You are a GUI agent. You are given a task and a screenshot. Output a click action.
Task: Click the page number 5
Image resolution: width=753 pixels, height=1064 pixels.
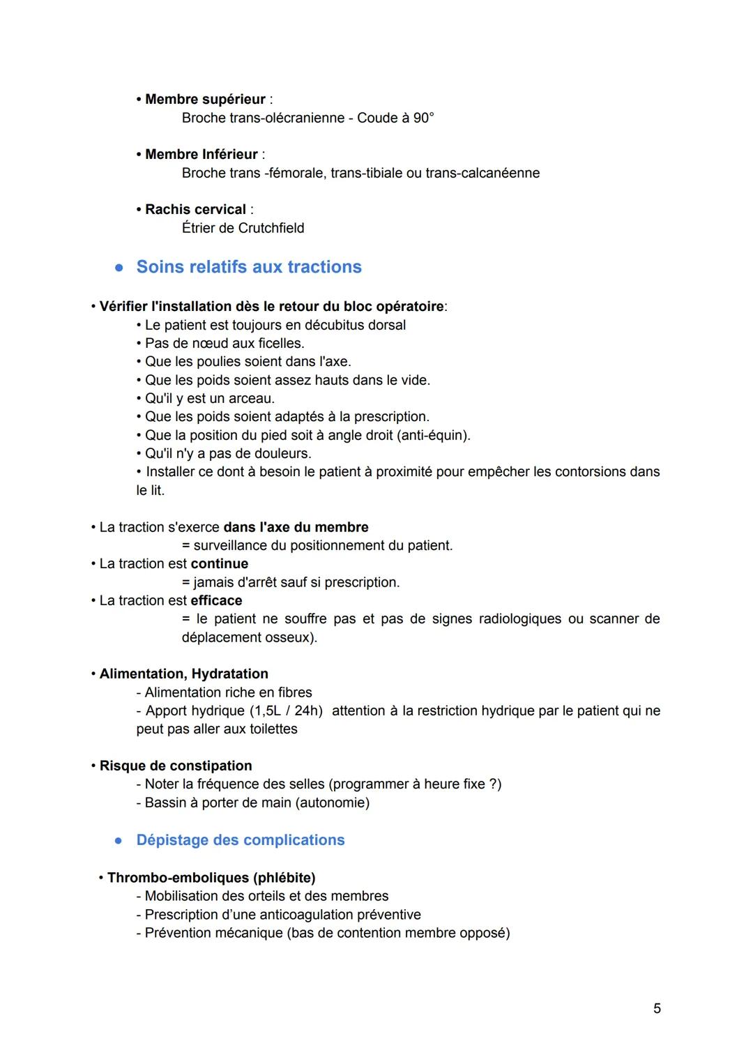pyautogui.click(x=657, y=1008)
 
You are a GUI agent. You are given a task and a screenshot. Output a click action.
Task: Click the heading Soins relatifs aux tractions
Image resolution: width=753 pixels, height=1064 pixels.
pyautogui.click(x=249, y=267)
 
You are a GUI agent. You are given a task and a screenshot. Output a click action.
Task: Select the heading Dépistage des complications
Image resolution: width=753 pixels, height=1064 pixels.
pyautogui.click(x=241, y=840)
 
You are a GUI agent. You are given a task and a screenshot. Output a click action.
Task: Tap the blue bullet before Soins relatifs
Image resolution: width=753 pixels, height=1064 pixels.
pyautogui.click(x=119, y=268)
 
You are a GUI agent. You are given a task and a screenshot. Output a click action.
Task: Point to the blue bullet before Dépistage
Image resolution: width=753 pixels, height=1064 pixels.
pyautogui.click(x=119, y=841)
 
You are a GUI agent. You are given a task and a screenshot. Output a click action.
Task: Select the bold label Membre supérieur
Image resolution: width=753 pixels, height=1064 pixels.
pyautogui.click(x=205, y=99)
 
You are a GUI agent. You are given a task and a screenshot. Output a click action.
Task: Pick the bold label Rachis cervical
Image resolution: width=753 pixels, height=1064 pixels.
pyautogui.click(x=195, y=209)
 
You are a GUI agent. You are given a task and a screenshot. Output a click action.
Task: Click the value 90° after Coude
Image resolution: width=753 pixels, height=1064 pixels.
pyautogui.click(x=423, y=118)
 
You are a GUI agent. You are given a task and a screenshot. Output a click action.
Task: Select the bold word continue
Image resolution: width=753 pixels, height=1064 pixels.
pyautogui.click(x=219, y=563)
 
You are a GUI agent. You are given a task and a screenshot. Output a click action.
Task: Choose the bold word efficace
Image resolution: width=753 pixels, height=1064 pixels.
pyautogui.click(x=216, y=600)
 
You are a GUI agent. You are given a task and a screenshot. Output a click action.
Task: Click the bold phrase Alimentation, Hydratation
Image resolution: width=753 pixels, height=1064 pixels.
pyautogui.click(x=183, y=674)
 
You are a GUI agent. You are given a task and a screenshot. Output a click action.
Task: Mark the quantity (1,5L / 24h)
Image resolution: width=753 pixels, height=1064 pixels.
pyautogui.click(x=286, y=710)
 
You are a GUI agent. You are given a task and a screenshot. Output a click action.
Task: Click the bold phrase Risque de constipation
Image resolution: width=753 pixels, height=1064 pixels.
pyautogui.click(x=176, y=766)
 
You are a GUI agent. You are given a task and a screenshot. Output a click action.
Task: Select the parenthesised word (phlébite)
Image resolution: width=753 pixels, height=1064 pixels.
pyautogui.click(x=284, y=877)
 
